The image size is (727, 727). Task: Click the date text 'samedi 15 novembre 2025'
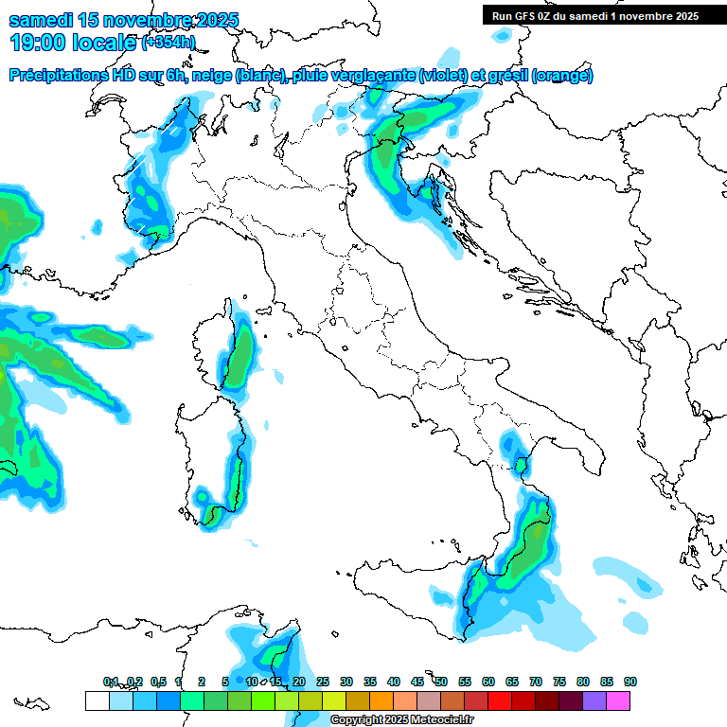pyautogui.click(x=124, y=20)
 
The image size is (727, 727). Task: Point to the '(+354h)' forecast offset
pyautogui.click(x=168, y=43)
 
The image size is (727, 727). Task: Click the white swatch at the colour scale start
pyautogui.click(x=97, y=700)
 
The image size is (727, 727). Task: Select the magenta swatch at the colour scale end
pyautogui.click(x=618, y=700)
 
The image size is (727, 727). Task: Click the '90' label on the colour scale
pyautogui.click(x=630, y=682)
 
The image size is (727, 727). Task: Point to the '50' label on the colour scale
pyautogui.click(x=441, y=682)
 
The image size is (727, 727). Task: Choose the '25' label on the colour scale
pyautogui.click(x=323, y=682)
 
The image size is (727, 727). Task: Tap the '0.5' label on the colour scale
pyautogui.click(x=157, y=682)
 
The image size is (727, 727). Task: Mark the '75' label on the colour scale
pyautogui.click(x=559, y=682)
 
